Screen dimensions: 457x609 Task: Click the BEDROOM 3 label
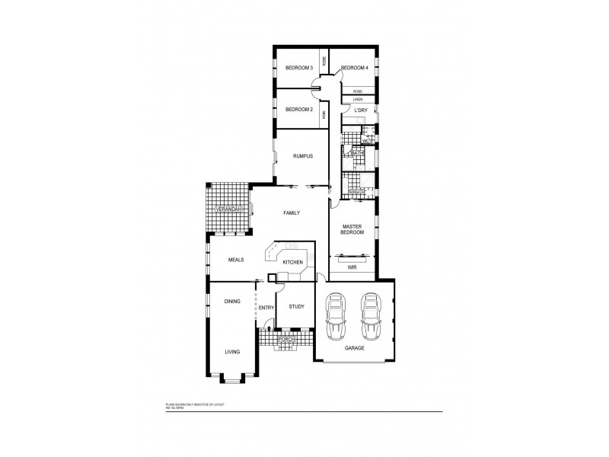[298, 69]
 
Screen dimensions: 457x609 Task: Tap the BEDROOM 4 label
[355, 69]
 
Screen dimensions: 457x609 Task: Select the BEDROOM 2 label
[298, 110]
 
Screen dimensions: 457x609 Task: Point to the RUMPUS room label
[303, 157]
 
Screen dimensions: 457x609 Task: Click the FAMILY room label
[292, 213]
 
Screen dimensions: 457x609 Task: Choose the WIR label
[352, 268]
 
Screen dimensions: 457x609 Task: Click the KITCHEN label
[293, 263]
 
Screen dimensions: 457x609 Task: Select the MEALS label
[235, 260]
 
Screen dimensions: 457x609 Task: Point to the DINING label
[232, 302]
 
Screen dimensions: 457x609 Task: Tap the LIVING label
[232, 352]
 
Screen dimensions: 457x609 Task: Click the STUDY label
[296, 307]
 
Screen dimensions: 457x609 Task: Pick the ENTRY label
[266, 308]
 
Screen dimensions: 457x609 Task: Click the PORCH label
[286, 339]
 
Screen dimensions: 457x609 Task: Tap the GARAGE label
[355, 348]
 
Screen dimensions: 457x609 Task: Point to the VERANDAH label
[228, 209]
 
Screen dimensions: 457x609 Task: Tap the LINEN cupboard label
[358, 100]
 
